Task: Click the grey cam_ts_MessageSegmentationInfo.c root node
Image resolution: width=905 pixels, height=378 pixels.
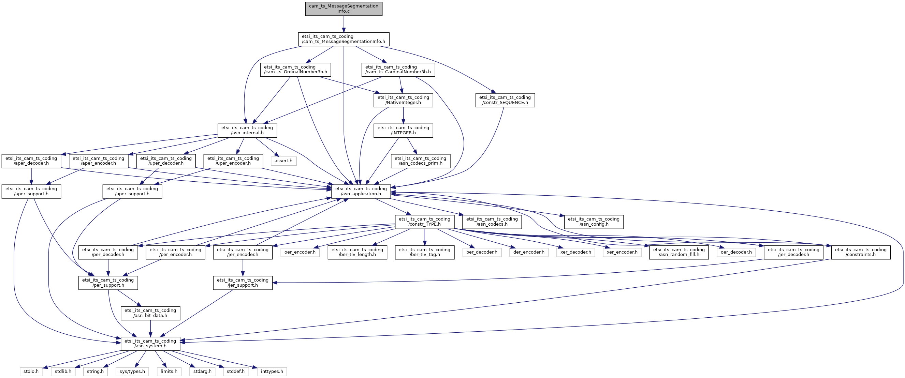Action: [x=344, y=9]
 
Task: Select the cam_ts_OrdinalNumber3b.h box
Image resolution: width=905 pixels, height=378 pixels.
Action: [x=295, y=70]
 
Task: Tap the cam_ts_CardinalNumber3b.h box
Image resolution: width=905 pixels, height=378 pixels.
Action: [x=398, y=70]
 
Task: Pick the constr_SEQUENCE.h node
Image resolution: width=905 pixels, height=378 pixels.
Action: [x=505, y=100]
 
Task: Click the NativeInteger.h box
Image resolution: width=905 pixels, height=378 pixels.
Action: [x=403, y=100]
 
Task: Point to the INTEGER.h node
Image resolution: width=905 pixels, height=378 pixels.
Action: [x=403, y=130]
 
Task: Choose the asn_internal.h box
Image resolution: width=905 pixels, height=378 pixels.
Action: [x=247, y=130]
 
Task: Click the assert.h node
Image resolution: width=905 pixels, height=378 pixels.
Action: [x=283, y=161]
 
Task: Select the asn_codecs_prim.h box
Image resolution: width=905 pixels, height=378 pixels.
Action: [x=420, y=161]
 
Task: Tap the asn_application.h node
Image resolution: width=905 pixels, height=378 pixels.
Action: [x=361, y=191]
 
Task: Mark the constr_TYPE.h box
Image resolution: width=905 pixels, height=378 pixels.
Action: [x=424, y=222]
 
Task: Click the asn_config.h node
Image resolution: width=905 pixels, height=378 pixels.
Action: [x=594, y=222]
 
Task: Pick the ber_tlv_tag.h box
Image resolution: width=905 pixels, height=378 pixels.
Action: [x=424, y=252]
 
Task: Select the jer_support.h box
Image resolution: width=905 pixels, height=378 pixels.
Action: [x=243, y=283]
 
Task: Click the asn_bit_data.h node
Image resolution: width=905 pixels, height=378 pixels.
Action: [x=150, y=313]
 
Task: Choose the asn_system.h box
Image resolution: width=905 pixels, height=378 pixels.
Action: [x=150, y=343]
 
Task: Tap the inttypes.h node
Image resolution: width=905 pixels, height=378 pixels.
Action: [x=272, y=371]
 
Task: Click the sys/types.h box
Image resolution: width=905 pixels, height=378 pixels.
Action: [x=132, y=371]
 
